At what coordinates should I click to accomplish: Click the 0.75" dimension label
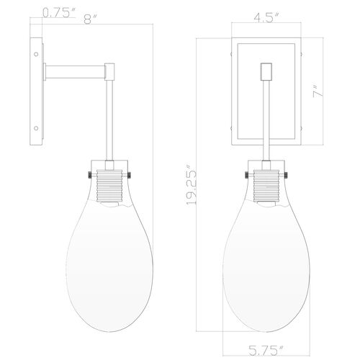[x=59, y=12]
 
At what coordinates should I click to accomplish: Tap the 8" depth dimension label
[x=91, y=19]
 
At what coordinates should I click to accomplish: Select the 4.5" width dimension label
[x=266, y=17]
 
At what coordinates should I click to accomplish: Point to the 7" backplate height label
[x=318, y=91]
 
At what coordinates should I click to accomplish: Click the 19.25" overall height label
[x=192, y=187]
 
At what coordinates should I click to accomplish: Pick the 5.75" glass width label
[x=266, y=350]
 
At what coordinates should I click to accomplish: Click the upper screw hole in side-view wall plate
[x=36, y=54]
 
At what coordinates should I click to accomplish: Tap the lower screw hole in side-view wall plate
[x=36, y=128]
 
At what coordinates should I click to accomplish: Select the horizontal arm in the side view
[x=76, y=72]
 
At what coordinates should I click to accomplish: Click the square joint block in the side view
[x=109, y=71]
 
